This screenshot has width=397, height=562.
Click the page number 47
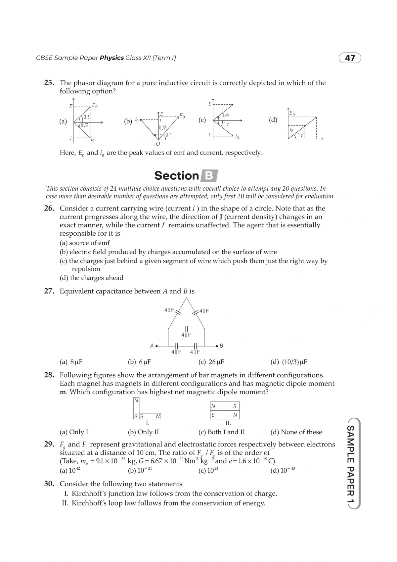click(350, 58)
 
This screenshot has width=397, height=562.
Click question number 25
click(49, 83)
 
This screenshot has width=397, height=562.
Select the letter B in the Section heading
click(209, 175)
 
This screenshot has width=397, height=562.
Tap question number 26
click(49, 209)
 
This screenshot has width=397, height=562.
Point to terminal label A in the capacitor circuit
click(152, 346)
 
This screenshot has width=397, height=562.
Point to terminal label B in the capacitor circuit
click(221, 346)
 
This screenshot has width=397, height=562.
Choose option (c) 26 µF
click(211, 362)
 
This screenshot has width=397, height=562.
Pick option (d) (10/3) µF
click(289, 362)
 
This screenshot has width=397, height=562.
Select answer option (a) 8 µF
click(71, 362)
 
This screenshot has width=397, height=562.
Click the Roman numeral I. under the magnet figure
click(148, 423)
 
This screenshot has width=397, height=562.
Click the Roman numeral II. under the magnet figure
click(228, 423)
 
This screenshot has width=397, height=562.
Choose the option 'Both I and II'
click(222, 432)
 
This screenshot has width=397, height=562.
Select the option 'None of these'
click(296, 432)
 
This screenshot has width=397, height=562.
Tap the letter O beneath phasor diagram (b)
click(158, 144)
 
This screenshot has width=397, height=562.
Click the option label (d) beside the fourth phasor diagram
click(273, 120)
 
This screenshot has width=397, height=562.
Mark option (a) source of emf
click(85, 243)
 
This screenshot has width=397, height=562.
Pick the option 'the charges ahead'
click(92, 278)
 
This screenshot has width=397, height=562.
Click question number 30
click(49, 484)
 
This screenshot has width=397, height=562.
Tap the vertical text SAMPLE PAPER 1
click(351, 464)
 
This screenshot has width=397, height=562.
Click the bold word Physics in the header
click(112, 58)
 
